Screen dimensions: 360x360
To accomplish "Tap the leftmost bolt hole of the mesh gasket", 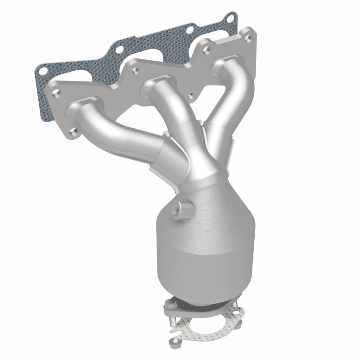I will (x=43, y=71).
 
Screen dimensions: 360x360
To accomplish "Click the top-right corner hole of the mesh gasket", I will (x=231, y=19).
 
